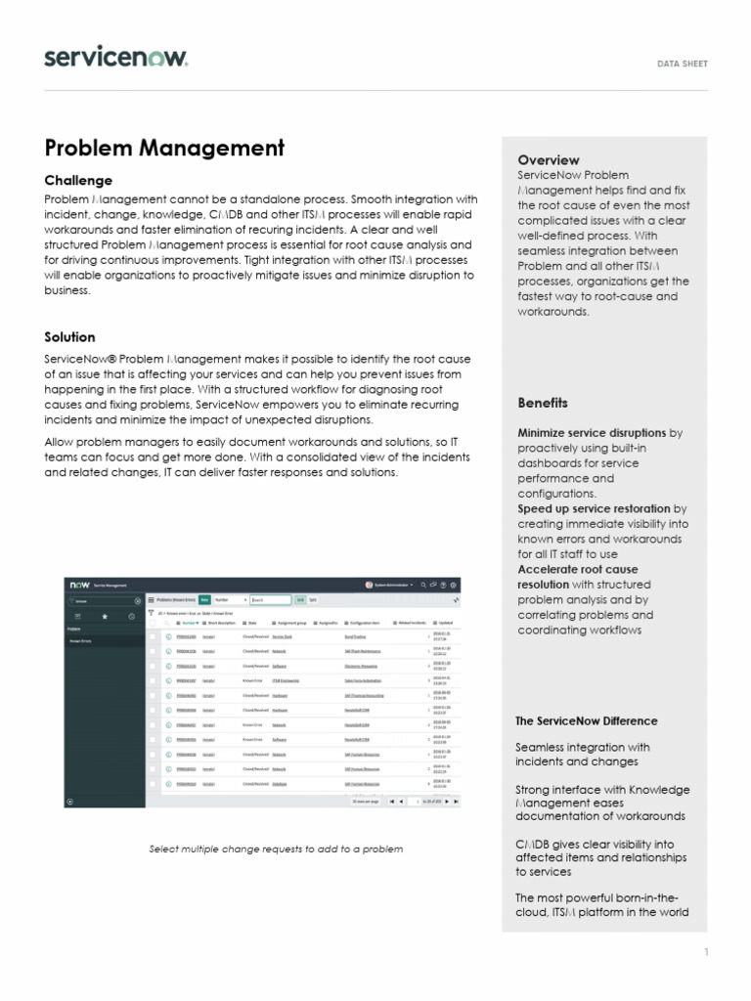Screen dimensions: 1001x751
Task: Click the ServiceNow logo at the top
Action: click(x=115, y=58)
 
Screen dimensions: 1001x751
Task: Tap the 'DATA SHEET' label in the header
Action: click(x=682, y=65)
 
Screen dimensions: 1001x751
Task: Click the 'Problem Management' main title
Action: click(x=164, y=148)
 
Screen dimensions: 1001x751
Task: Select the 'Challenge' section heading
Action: click(x=78, y=181)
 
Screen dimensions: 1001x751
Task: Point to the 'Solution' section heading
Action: click(x=69, y=337)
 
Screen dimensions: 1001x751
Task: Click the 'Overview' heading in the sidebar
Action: click(x=548, y=159)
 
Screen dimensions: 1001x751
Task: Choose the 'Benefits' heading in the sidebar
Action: click(x=542, y=403)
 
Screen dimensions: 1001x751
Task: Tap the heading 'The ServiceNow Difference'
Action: click(x=586, y=721)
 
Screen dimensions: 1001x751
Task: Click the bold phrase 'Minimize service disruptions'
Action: click(x=592, y=432)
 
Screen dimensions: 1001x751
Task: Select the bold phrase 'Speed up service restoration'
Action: click(x=594, y=508)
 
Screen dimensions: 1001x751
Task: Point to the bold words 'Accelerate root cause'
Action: click(x=577, y=569)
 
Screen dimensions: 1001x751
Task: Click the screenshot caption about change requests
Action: click(x=276, y=849)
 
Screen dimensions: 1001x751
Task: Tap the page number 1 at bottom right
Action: click(x=705, y=952)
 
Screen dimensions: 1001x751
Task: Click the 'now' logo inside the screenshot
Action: click(x=78, y=585)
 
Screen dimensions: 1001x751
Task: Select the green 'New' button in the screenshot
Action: click(x=205, y=600)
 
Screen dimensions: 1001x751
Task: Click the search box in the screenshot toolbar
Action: click(x=271, y=600)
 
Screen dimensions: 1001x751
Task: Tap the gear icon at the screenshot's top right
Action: click(x=453, y=585)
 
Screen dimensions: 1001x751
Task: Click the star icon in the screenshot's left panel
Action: click(x=105, y=617)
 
